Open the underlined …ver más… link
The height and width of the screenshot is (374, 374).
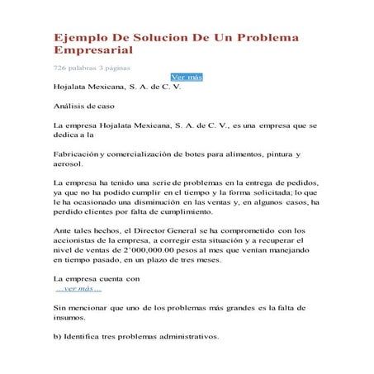click(x=78, y=287)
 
